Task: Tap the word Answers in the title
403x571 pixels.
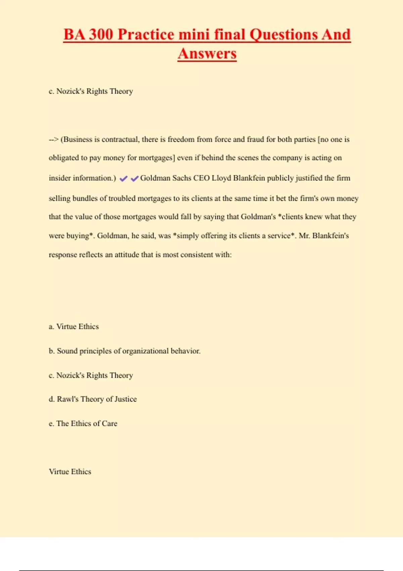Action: [207, 54]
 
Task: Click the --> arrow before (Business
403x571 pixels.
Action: [53, 140]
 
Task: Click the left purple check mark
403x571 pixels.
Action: [123, 179]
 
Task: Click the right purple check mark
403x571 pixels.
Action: [135, 179]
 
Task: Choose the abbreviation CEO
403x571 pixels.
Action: [201, 178]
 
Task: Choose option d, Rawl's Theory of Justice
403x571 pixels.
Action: [93, 399]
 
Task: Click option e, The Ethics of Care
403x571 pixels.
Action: [83, 424]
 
